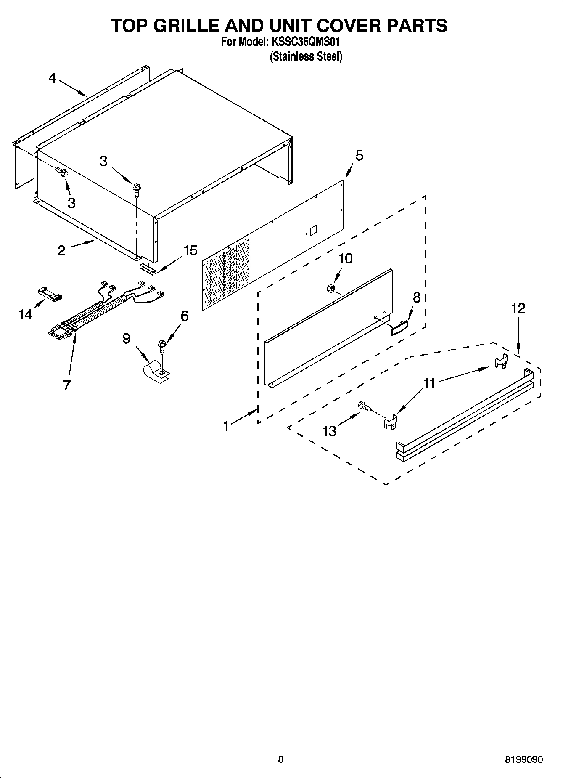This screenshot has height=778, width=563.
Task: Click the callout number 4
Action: tap(52, 78)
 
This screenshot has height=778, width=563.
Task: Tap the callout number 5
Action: tap(359, 156)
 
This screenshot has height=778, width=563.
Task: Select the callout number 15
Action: tap(190, 251)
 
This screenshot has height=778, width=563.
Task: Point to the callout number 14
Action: tap(26, 314)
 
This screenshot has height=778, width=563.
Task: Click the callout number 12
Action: tap(518, 309)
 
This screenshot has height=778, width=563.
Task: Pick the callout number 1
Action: tap(226, 426)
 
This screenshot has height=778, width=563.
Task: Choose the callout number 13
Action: tap(330, 431)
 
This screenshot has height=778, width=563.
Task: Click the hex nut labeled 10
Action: tap(330, 288)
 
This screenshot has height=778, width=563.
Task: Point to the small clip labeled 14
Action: tap(49, 293)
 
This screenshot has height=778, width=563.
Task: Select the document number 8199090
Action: tap(523, 759)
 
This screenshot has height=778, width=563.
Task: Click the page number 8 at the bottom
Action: tap(280, 759)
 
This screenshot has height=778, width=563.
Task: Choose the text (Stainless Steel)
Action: tap(306, 56)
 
